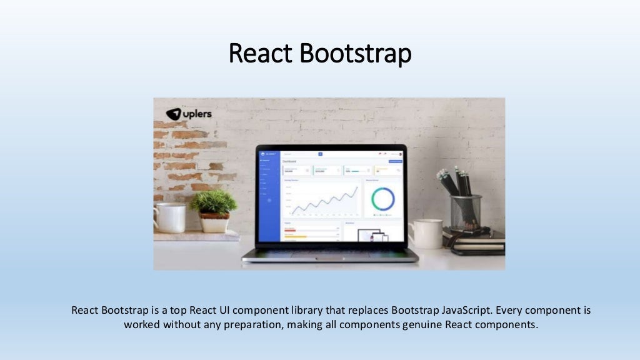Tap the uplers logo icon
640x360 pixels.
[173, 114]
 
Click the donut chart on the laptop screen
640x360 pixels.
[383, 199]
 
